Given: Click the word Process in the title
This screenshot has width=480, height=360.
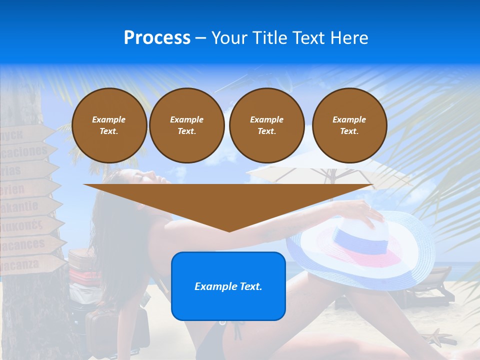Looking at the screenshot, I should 157,38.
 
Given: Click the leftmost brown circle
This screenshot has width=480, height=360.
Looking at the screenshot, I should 109,125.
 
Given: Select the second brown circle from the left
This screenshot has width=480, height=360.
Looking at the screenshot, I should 186,125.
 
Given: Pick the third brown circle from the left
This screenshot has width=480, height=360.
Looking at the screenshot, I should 266,125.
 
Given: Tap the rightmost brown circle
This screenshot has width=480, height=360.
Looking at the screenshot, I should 349,125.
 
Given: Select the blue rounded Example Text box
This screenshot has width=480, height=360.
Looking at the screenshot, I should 228,286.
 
